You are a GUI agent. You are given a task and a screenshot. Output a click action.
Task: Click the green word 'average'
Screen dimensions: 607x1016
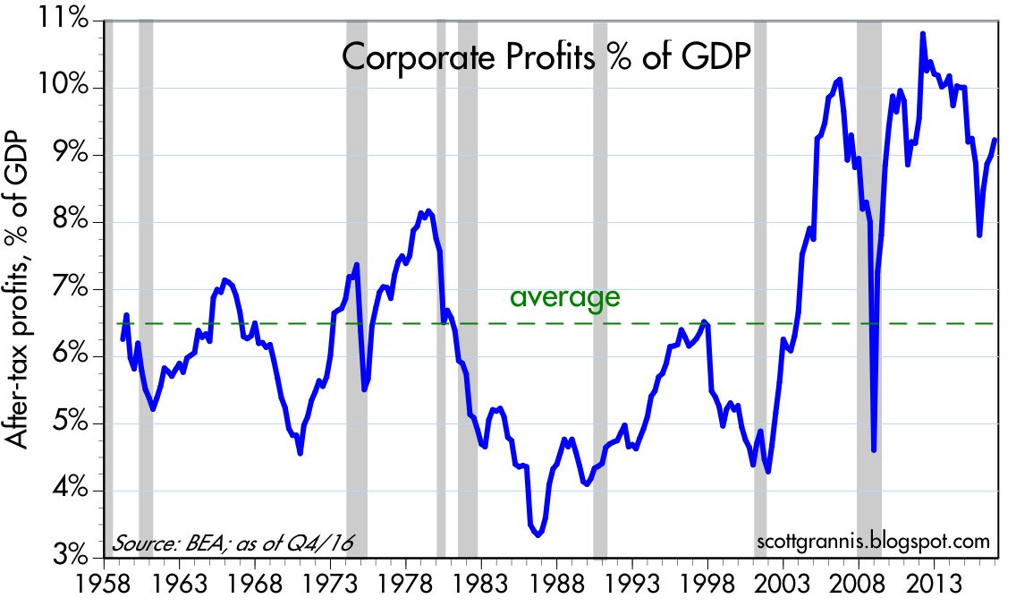(x=564, y=297)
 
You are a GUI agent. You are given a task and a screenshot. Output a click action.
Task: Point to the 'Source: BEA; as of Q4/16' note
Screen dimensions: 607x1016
(x=238, y=543)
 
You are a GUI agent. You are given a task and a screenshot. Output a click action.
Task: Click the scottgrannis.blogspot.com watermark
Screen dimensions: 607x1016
(x=873, y=542)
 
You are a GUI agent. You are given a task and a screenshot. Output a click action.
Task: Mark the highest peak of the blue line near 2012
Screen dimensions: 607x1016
(x=922, y=34)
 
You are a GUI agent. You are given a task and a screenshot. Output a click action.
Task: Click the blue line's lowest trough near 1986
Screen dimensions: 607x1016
(x=538, y=534)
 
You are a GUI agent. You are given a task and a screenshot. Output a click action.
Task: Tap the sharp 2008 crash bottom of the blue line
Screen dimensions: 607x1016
(x=873, y=450)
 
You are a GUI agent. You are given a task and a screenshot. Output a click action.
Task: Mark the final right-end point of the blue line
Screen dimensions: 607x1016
(x=995, y=139)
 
